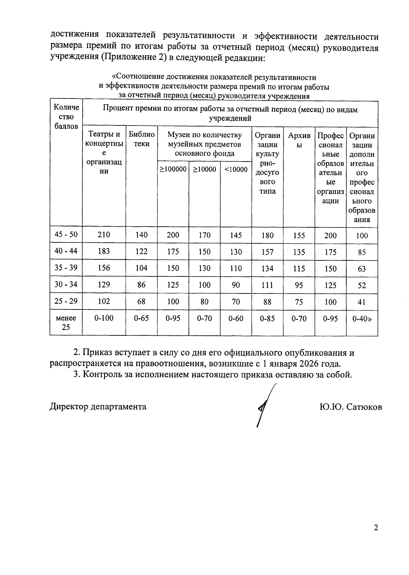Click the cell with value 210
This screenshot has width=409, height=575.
pos(104,234)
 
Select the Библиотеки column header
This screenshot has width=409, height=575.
pos(141,139)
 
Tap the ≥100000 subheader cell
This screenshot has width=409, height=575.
pos(173,169)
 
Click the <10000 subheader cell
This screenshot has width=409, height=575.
pos(236,169)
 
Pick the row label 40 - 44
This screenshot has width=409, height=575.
pos(66,251)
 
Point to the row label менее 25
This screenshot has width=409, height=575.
pos(66,322)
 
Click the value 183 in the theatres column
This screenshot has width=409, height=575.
pos(104,251)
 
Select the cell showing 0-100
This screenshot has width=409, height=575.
pos(104,318)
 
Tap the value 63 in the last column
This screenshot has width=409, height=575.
pos(362,269)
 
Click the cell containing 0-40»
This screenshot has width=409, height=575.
pos(362,319)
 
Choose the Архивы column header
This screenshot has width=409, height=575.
pos(299,140)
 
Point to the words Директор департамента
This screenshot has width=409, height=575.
pos(98,407)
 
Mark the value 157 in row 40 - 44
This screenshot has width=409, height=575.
pos(267,252)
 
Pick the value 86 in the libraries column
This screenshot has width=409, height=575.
pos(141,285)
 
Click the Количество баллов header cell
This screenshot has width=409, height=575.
pos(66,117)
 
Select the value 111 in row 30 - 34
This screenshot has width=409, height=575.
pos(267,285)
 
